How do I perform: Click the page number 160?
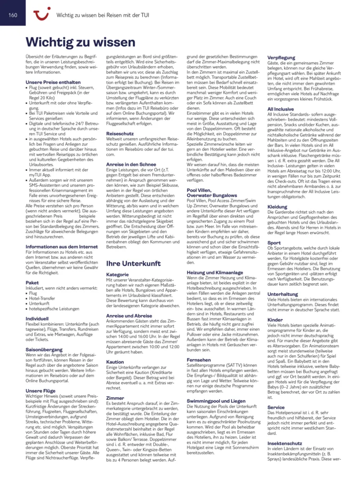coord(13,15)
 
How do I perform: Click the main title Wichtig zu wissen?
coord(81,42)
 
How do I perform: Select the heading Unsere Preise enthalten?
coord(53,82)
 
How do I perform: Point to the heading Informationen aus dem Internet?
coord(62,247)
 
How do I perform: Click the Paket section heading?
coord(32,283)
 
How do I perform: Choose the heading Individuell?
coord(40,318)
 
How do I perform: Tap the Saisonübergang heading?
coord(44,349)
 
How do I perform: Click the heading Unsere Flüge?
coord(40,391)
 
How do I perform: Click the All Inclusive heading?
coord(281,109)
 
